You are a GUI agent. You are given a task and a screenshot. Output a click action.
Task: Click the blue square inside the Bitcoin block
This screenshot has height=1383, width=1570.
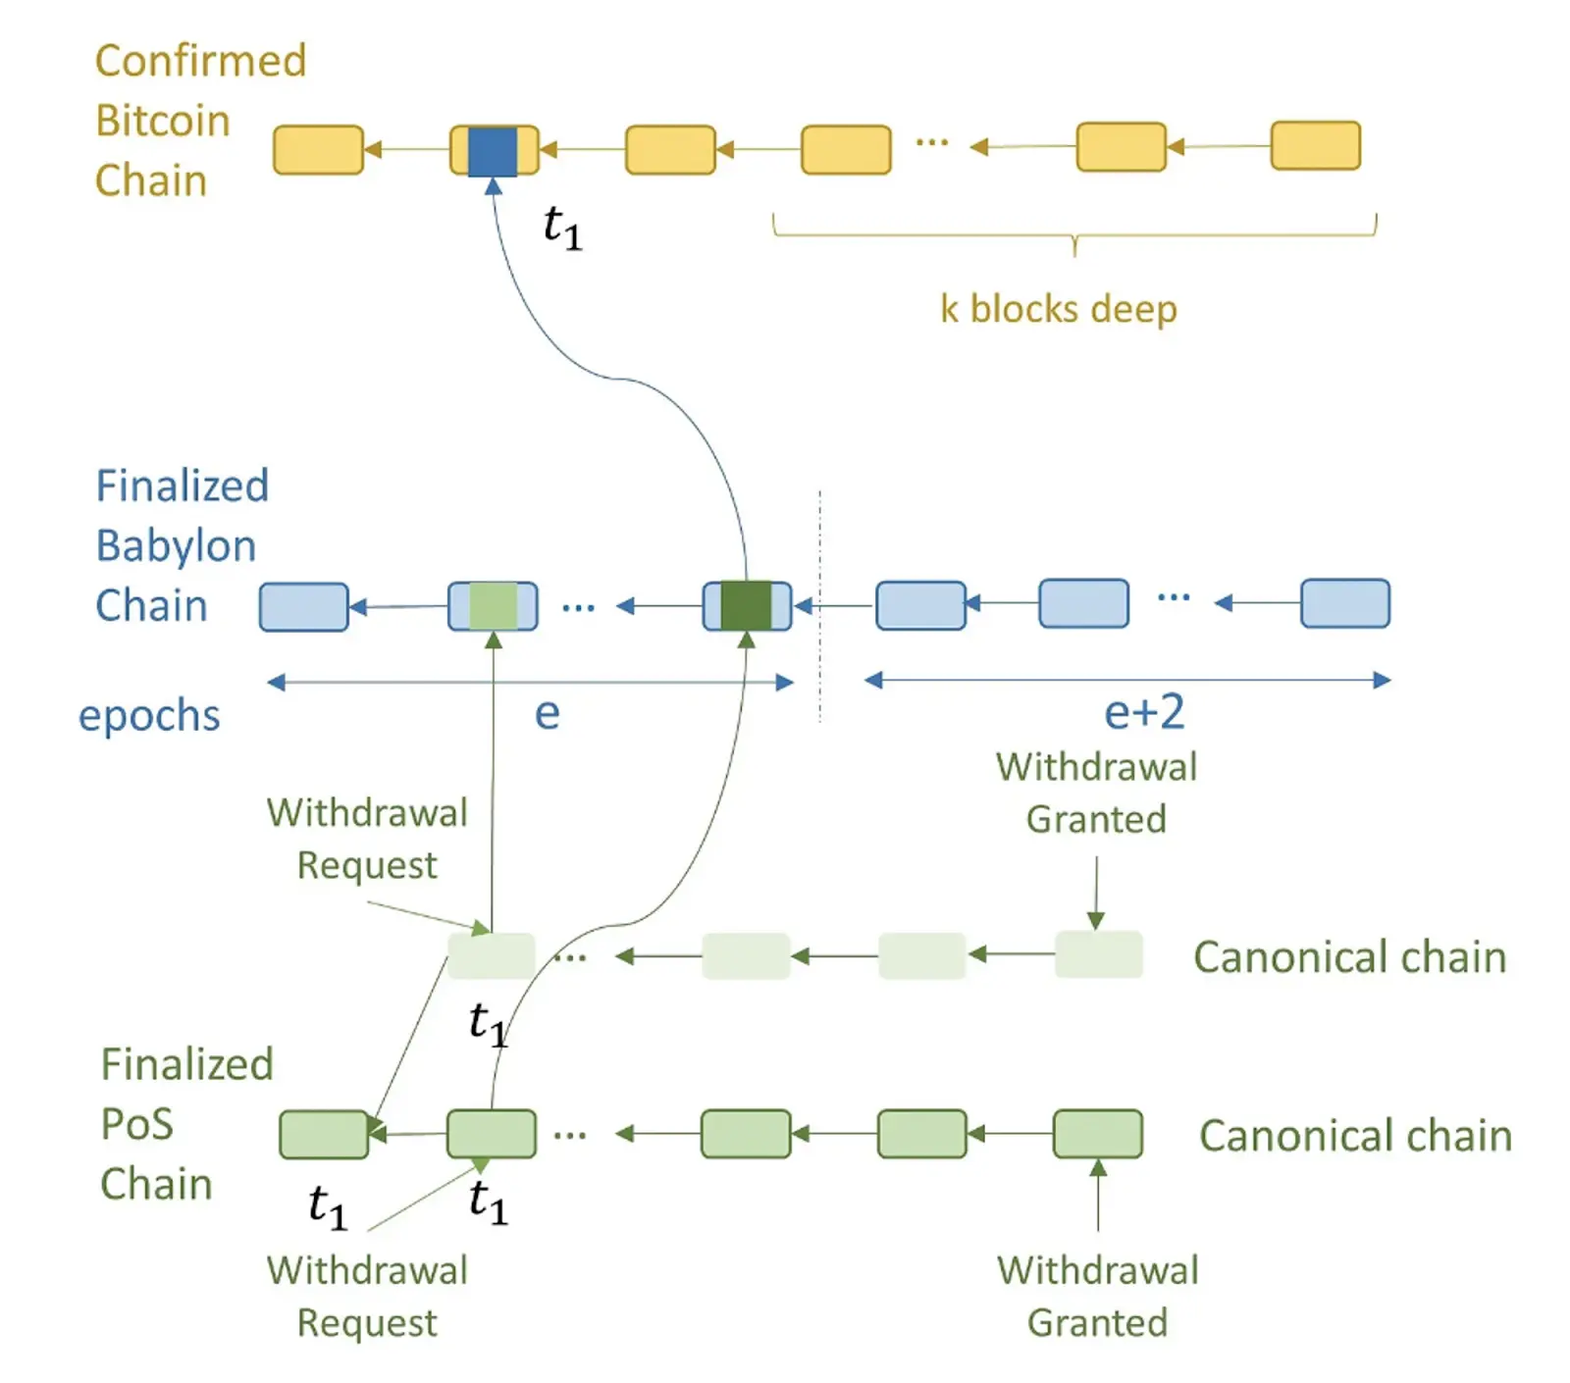pyautogui.click(x=493, y=151)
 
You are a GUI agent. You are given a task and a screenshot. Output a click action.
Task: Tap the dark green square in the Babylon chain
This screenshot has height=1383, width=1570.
pyautogui.click(x=746, y=605)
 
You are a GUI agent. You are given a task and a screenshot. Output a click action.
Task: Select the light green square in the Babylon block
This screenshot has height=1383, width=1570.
pyautogui.click(x=493, y=605)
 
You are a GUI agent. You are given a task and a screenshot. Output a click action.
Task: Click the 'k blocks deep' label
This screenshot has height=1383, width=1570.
pyautogui.click(x=1058, y=309)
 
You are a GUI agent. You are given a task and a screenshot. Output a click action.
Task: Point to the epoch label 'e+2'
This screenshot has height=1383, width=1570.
pyautogui.click(x=1144, y=712)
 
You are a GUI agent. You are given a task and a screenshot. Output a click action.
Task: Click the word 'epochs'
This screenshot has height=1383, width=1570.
pyautogui.click(x=149, y=715)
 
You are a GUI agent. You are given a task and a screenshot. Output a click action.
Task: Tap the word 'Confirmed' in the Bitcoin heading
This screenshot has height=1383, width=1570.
pyautogui.click(x=200, y=61)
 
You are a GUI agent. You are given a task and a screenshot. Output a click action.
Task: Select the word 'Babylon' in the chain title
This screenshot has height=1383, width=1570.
pyautogui.click(x=176, y=546)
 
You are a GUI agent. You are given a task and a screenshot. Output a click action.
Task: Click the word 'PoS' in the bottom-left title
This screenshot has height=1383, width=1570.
pyautogui.click(x=137, y=1124)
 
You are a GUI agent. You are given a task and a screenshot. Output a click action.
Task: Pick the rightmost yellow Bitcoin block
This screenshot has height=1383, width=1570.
pyautogui.click(x=1315, y=146)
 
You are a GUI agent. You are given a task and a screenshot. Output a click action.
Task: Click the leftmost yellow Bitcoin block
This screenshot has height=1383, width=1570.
pyautogui.click(x=318, y=150)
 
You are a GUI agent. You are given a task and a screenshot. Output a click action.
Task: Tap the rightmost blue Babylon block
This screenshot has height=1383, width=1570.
pyautogui.click(x=1344, y=602)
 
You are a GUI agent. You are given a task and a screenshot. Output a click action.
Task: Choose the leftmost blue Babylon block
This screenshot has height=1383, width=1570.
pyautogui.click(x=303, y=606)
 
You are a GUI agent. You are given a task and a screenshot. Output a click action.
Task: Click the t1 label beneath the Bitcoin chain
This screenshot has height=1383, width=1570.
pyautogui.click(x=562, y=228)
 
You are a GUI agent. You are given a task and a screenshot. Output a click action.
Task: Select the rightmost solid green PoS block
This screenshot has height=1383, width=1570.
pyautogui.click(x=1097, y=1134)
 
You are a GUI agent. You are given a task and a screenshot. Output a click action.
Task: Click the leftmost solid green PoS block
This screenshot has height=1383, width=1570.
pyautogui.click(x=324, y=1135)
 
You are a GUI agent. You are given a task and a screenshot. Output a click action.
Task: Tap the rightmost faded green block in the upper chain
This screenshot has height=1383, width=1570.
pyautogui.click(x=1098, y=954)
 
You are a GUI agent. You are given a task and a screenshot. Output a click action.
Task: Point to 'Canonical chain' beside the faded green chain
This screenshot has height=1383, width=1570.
pyautogui.click(x=1349, y=957)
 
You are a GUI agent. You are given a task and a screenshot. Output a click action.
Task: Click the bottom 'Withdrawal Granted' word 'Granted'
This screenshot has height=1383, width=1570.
pyautogui.click(x=1097, y=1323)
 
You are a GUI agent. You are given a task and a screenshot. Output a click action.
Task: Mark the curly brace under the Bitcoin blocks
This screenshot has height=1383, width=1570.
pyautogui.click(x=1074, y=235)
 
